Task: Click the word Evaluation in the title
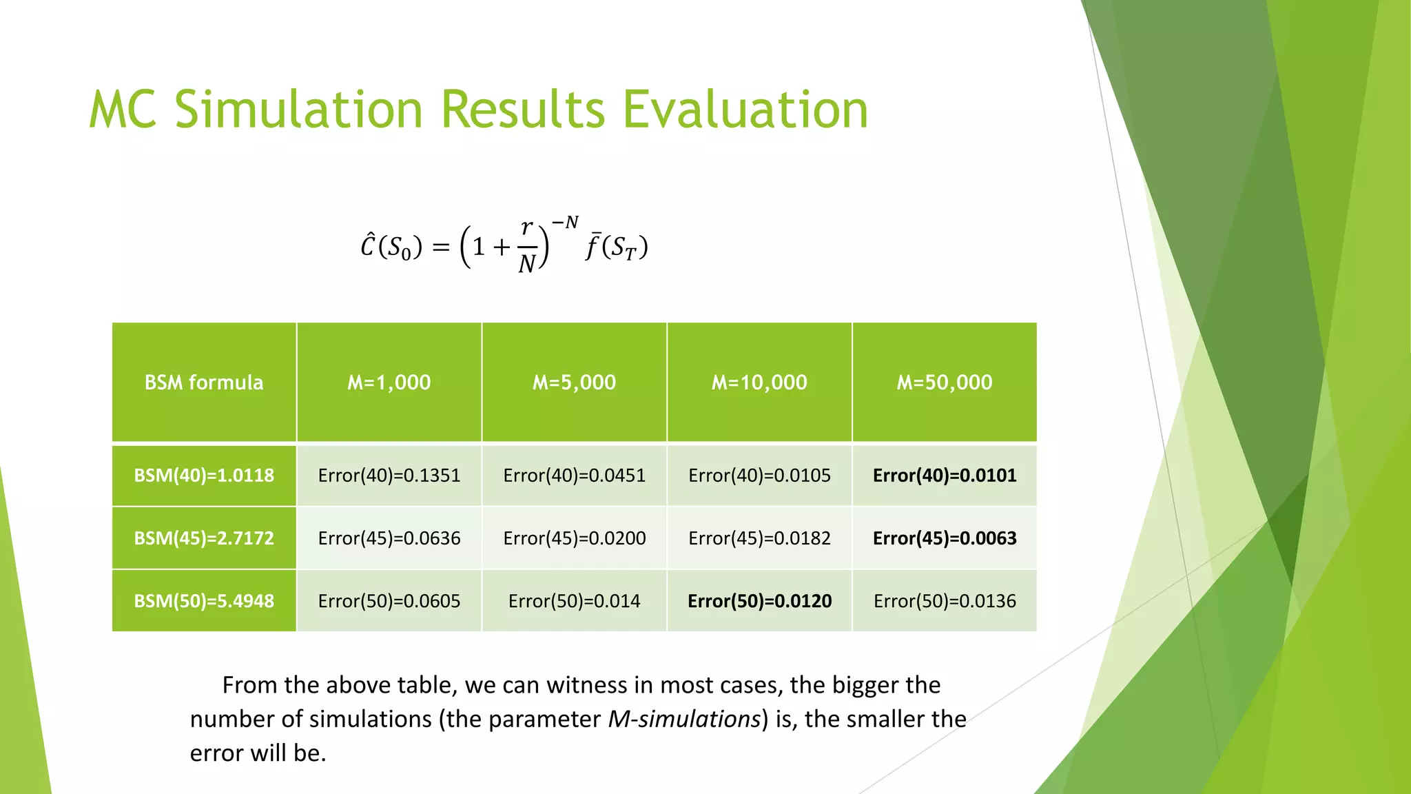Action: [x=745, y=110]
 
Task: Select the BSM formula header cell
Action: [x=204, y=383]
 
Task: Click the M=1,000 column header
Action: [x=389, y=383]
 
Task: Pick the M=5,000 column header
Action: [x=574, y=383]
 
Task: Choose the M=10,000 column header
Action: [x=759, y=383]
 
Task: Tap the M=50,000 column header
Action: [x=945, y=383]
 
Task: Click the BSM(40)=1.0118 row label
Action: [x=204, y=476]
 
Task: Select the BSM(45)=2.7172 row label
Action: [x=204, y=538]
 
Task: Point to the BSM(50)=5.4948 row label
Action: [x=204, y=601]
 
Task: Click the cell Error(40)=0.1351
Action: [x=389, y=476]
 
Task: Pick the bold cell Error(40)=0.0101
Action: [x=945, y=476]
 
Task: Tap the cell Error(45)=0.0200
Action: [x=574, y=538]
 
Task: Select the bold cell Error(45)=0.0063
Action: [x=945, y=538]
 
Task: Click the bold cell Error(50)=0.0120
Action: [x=759, y=601]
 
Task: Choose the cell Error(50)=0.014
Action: [x=574, y=601]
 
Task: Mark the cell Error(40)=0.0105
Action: [x=759, y=476]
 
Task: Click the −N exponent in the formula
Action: [x=565, y=223]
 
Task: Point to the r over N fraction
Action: [x=527, y=246]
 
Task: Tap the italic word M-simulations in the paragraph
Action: [x=684, y=719]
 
